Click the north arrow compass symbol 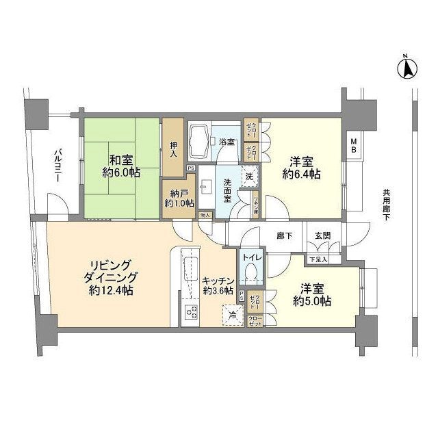pos(405,67)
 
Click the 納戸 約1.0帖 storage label pos(179,198)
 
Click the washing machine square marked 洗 pos(250,175)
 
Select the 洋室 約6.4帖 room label pos(302,168)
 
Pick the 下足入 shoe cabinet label pos(318,259)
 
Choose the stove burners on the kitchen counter pos(191,313)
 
